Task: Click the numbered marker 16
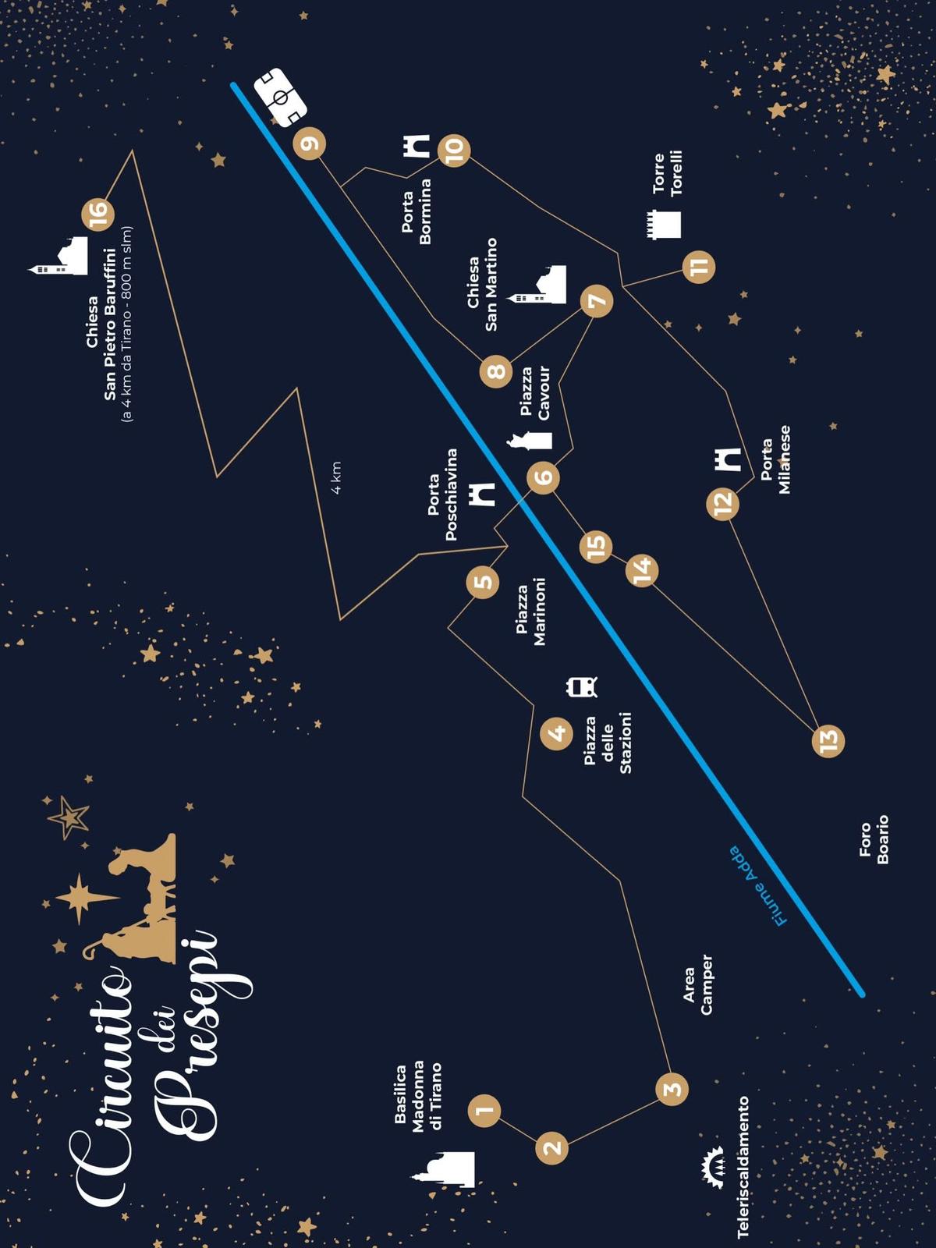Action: pyautogui.click(x=97, y=214)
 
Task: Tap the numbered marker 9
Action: pyautogui.click(x=310, y=144)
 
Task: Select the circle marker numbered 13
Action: pyautogui.click(x=828, y=740)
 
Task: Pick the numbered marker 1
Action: pyautogui.click(x=484, y=1110)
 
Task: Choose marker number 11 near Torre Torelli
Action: pyautogui.click(x=698, y=267)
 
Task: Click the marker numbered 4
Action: pyautogui.click(x=557, y=733)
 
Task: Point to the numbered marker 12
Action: pyautogui.click(x=723, y=503)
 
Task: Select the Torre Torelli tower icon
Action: pyautogui.click(x=664, y=224)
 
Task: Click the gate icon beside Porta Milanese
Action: pyautogui.click(x=729, y=459)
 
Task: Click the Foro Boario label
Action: pyautogui.click(x=874, y=839)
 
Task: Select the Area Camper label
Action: pyautogui.click(x=697, y=985)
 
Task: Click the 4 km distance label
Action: pyautogui.click(x=336, y=477)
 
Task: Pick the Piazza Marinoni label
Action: pyautogui.click(x=530, y=612)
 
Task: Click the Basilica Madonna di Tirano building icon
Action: pyautogui.click(x=446, y=1169)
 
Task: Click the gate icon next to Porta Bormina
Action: pyautogui.click(x=417, y=146)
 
